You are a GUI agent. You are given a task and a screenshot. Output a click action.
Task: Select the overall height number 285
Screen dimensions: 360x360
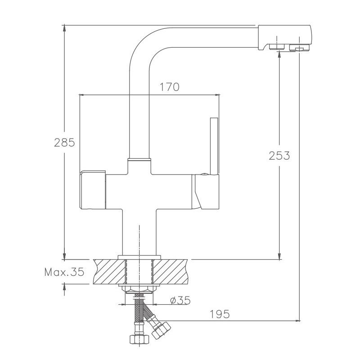click(64, 143)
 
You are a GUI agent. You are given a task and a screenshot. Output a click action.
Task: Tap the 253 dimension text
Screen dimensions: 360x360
click(279, 156)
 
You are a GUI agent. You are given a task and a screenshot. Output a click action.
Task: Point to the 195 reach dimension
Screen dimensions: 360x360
click(220, 314)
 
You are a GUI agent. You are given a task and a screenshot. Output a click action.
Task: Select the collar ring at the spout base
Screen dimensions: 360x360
click(139, 159)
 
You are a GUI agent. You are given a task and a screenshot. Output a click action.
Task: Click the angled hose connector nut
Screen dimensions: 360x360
click(160, 330)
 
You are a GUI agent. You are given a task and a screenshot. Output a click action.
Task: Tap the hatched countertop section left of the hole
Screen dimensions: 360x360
click(108, 271)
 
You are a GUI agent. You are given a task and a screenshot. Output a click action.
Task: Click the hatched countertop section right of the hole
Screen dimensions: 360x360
click(171, 271)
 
